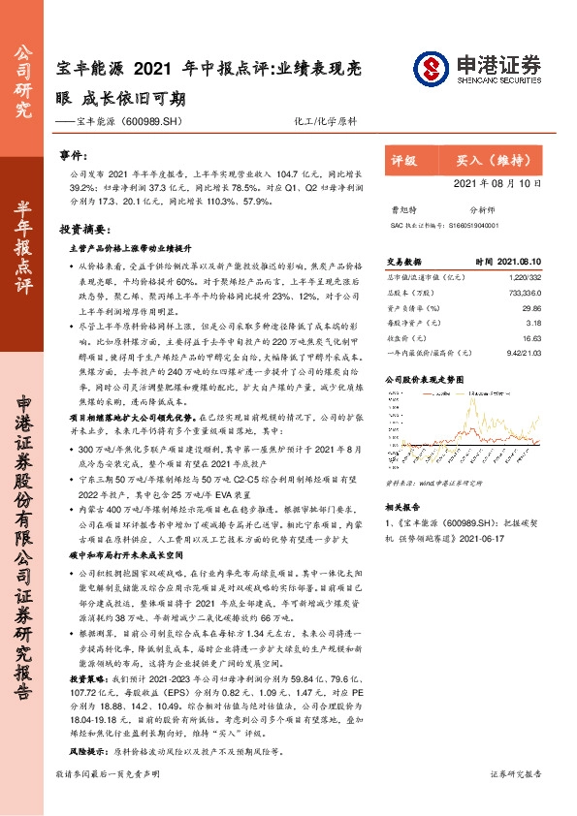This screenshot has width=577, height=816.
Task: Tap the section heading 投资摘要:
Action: (x=81, y=231)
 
